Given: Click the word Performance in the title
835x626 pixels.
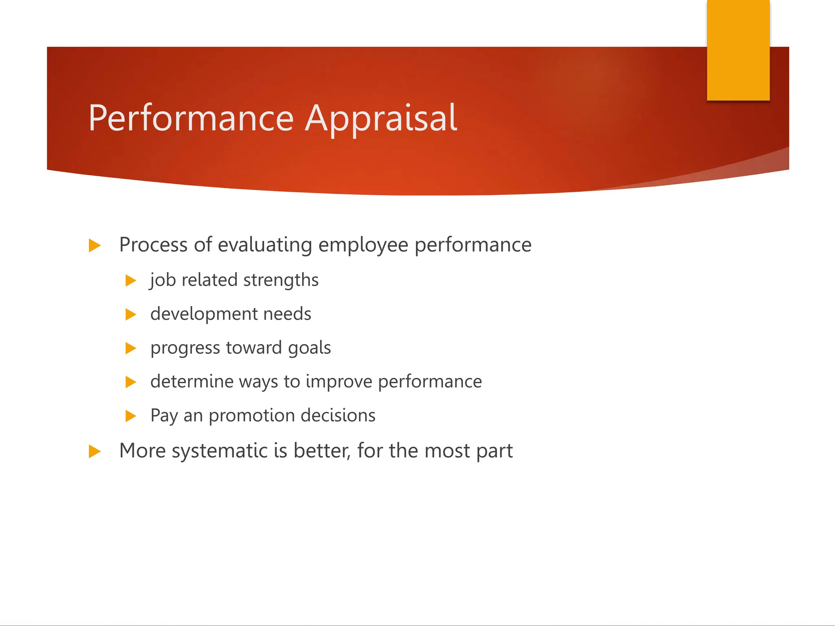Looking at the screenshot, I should (x=191, y=118).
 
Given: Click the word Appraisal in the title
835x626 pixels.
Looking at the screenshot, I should (x=381, y=118).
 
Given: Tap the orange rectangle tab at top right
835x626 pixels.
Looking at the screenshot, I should (x=738, y=50).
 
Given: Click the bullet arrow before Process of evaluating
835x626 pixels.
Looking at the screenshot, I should (x=94, y=246).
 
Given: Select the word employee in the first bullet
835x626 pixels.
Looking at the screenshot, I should (x=363, y=245).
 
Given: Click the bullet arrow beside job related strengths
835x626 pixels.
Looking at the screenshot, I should (x=130, y=281).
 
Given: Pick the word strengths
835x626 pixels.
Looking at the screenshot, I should (x=281, y=280).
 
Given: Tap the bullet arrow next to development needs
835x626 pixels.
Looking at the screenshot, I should (x=130, y=315).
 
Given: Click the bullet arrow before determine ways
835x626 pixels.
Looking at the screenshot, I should (x=130, y=382).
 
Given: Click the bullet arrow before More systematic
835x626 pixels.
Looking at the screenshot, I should (x=94, y=452).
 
